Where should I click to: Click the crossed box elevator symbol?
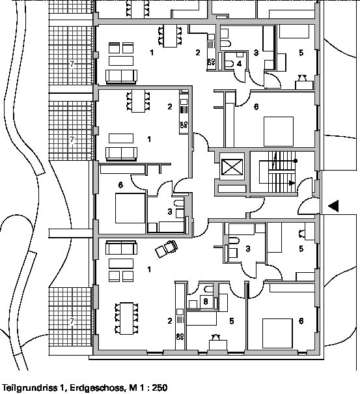232,167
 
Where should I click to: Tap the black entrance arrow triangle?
333,206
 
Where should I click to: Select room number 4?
239,64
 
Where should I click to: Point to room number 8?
206,302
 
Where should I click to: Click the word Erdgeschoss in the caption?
97,387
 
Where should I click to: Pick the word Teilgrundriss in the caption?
31,387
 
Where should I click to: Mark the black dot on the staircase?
296,161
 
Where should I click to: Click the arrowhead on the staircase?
292,183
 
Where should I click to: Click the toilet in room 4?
228,64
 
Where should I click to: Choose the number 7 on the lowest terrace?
72,321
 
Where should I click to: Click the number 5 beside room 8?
232,321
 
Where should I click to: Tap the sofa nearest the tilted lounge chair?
121,247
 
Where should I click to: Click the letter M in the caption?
132,387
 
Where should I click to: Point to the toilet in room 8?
208,289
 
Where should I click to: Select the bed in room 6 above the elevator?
279,132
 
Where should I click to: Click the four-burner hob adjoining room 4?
211,62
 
